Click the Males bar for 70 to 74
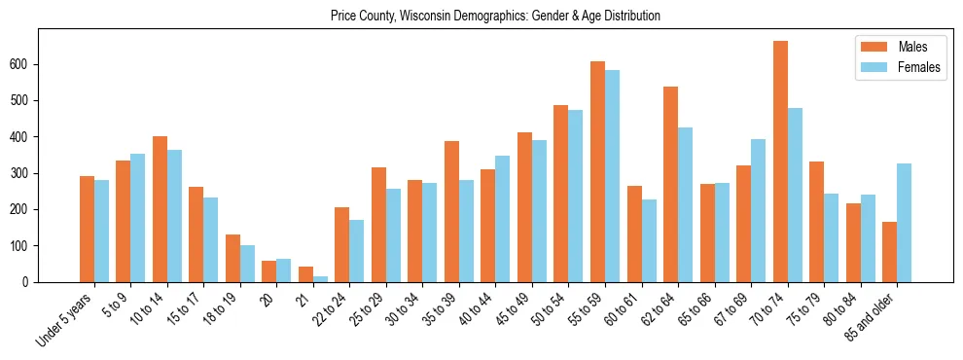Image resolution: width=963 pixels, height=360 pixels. pyautogui.click(x=780, y=162)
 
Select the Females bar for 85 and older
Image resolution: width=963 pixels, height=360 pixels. pyautogui.click(x=905, y=223)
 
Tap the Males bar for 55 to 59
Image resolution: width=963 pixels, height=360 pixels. pyautogui.click(x=597, y=172)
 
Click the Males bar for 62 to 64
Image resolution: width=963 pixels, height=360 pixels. pyautogui.click(x=670, y=185)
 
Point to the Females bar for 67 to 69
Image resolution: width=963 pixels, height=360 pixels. pyautogui.click(x=759, y=211)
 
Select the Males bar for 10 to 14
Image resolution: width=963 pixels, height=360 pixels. pyautogui.click(x=160, y=209)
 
